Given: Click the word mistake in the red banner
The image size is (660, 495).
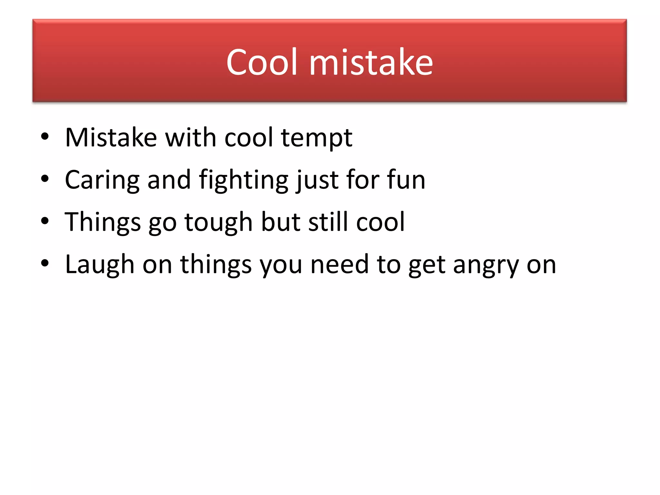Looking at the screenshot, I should (371, 62).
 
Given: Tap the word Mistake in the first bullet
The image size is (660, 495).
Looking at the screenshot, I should (111, 138).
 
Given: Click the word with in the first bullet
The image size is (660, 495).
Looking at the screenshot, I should (190, 138).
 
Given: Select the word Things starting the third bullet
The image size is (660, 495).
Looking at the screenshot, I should (103, 222).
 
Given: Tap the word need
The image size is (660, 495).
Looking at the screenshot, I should (339, 264).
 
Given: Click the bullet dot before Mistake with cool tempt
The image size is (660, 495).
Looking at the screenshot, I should (45, 137).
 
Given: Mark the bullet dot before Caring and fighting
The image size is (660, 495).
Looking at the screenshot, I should (45, 179).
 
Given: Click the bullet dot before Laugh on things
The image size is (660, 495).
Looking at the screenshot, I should (45, 263).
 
